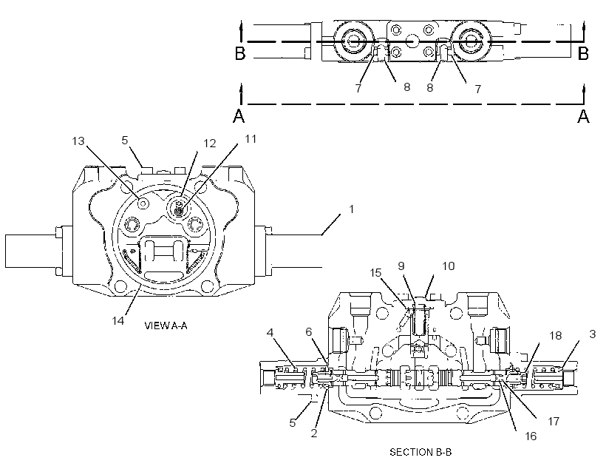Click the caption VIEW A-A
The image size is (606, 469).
[x=166, y=325]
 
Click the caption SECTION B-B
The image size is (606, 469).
[x=421, y=452]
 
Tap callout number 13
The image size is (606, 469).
[x=78, y=141]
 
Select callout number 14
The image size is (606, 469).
[x=118, y=320]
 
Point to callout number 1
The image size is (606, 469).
[x=351, y=209]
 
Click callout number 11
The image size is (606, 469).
[x=251, y=139]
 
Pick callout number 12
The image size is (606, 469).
[x=209, y=144]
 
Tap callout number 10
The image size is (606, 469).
[x=449, y=266]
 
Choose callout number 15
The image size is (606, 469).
[x=375, y=273]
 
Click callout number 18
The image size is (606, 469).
[x=555, y=336]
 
